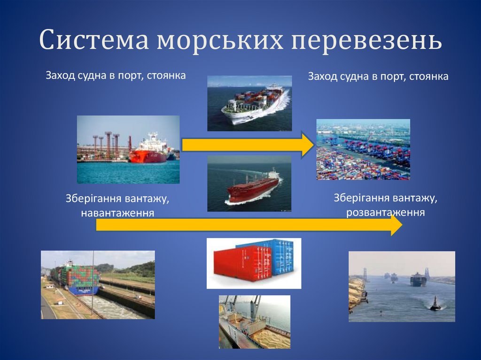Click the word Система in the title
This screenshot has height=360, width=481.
coord(94,41)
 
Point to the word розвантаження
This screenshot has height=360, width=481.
coord(386,212)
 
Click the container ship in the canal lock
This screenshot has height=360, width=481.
coord(75,279)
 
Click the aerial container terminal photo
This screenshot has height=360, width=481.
coord(363,149)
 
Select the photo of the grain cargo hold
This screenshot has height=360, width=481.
coord(254,322)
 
